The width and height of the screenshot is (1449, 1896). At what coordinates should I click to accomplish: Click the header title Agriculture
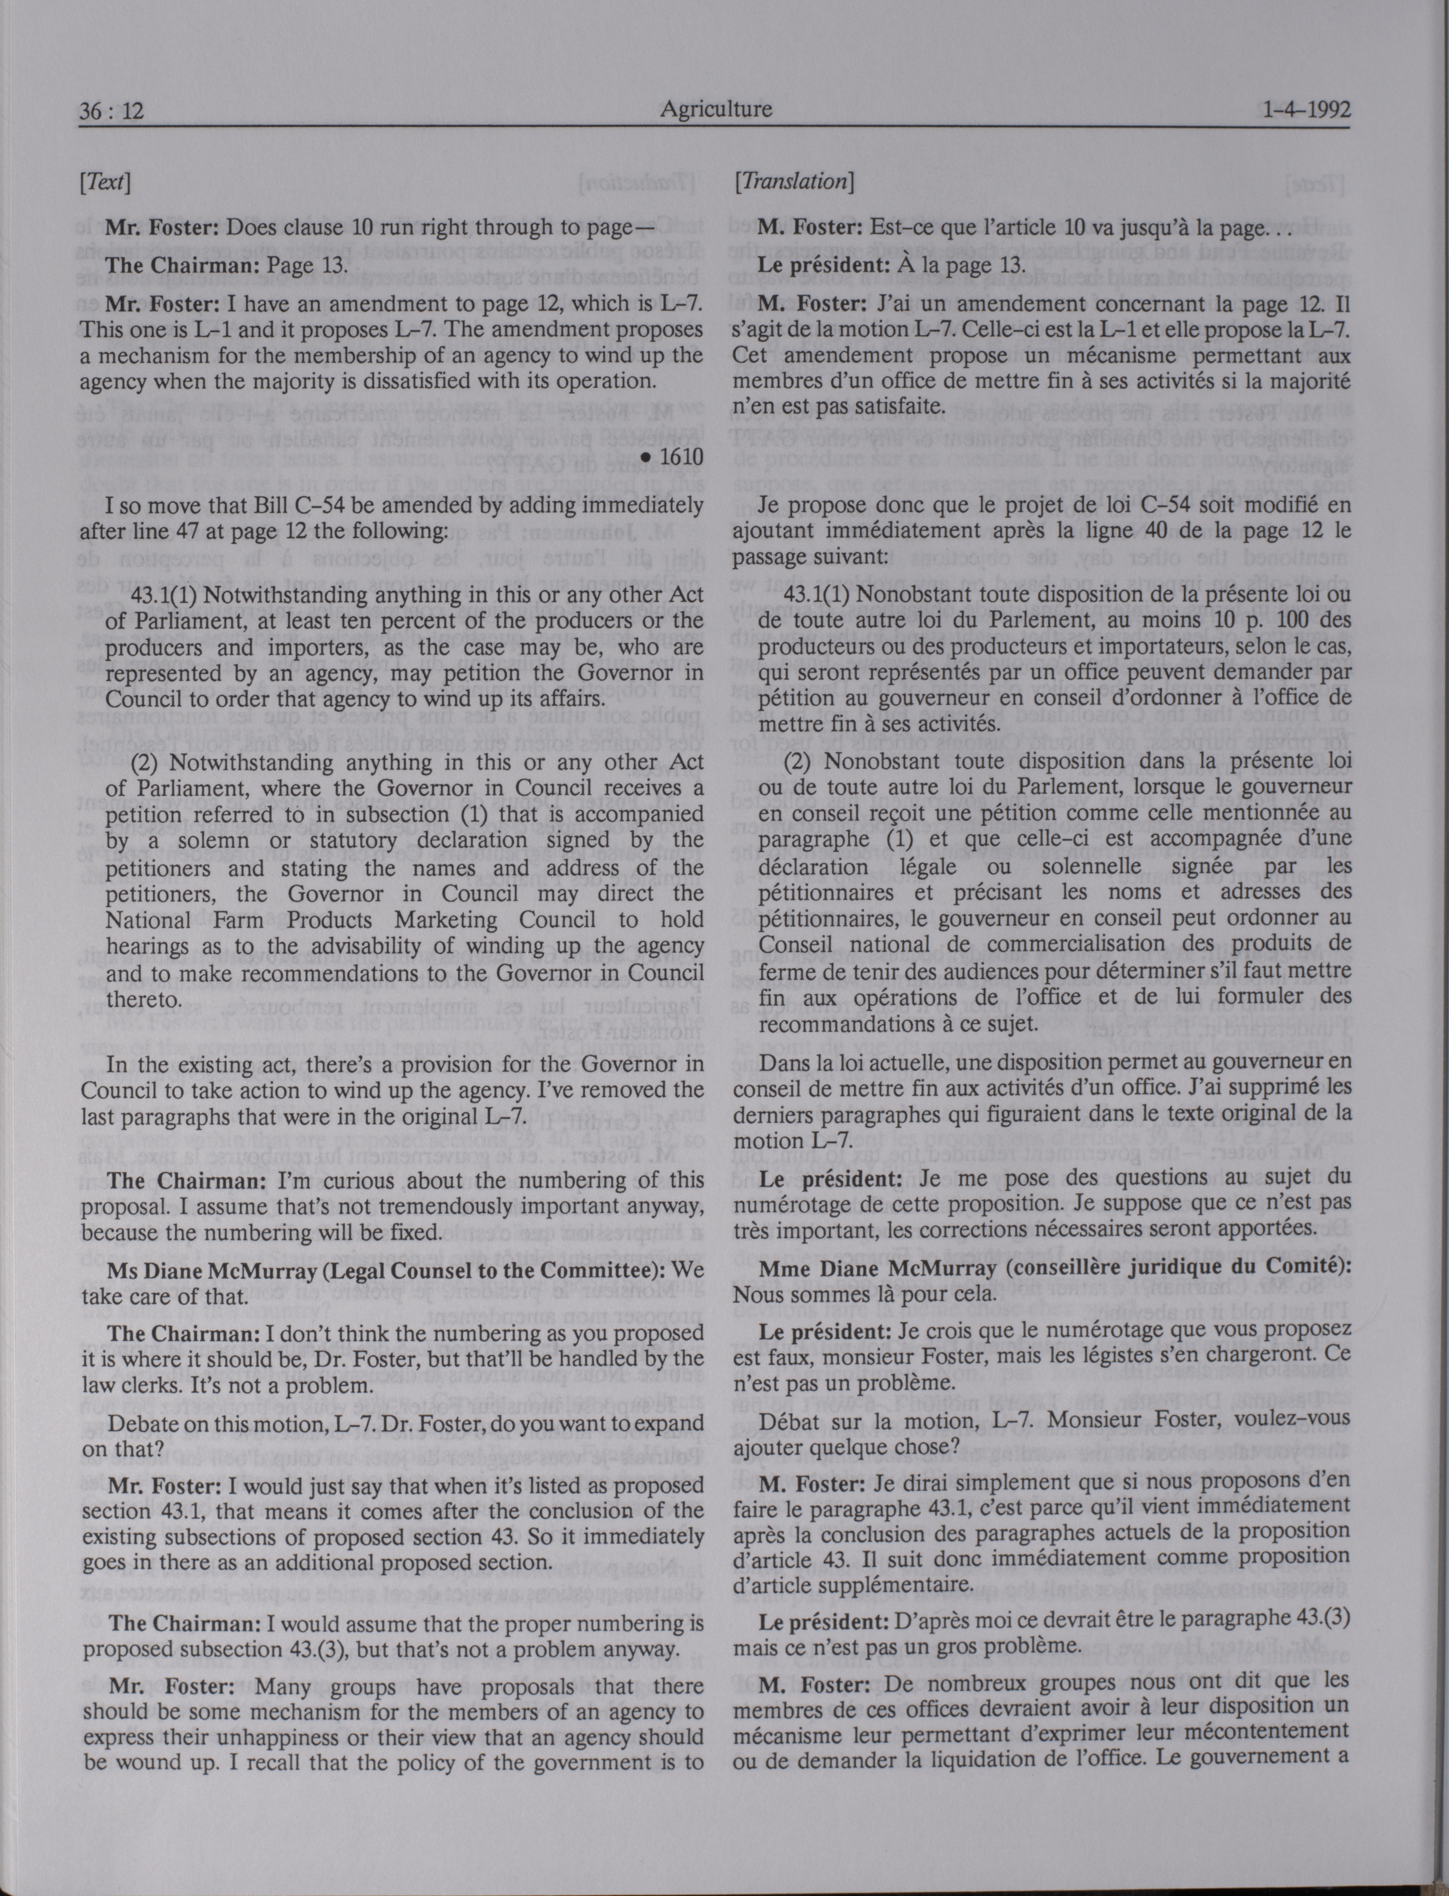pos(716,110)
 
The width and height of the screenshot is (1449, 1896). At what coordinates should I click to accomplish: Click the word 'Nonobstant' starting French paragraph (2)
pos(873,761)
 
